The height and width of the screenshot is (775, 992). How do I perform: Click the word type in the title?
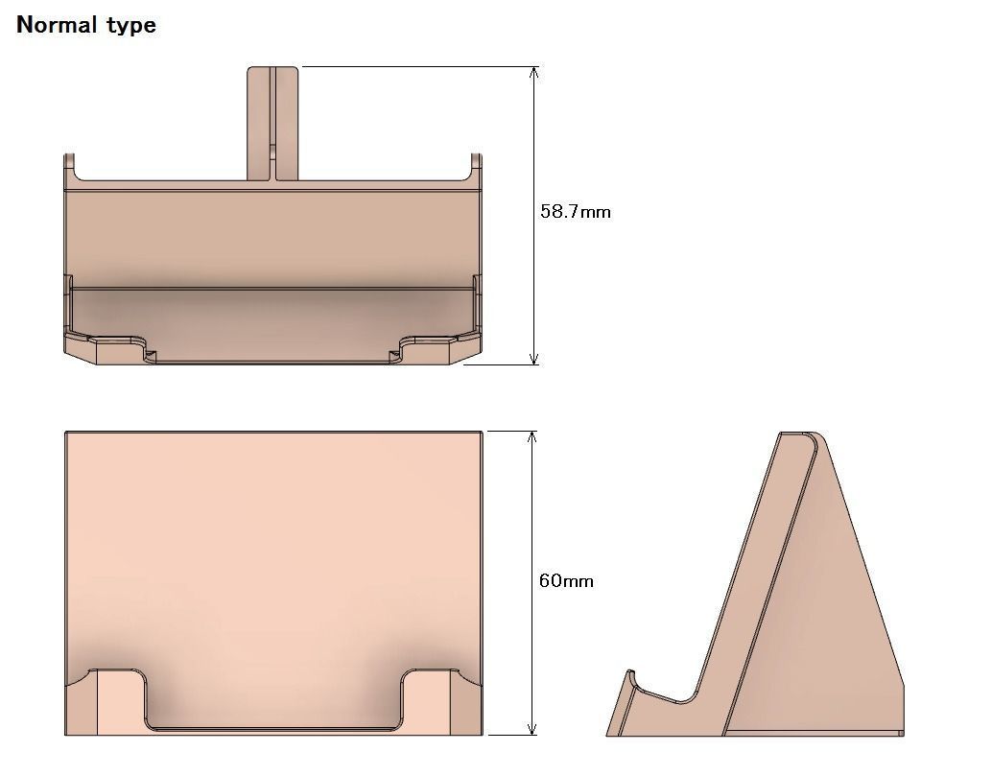[129, 26]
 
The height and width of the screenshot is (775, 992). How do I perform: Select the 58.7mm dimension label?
[575, 211]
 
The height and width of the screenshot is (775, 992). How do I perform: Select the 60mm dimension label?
[565, 580]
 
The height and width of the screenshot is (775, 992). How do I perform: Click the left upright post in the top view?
[70, 168]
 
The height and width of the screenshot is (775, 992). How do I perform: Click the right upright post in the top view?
[475, 168]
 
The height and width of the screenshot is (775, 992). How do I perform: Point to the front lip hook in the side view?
[629, 682]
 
